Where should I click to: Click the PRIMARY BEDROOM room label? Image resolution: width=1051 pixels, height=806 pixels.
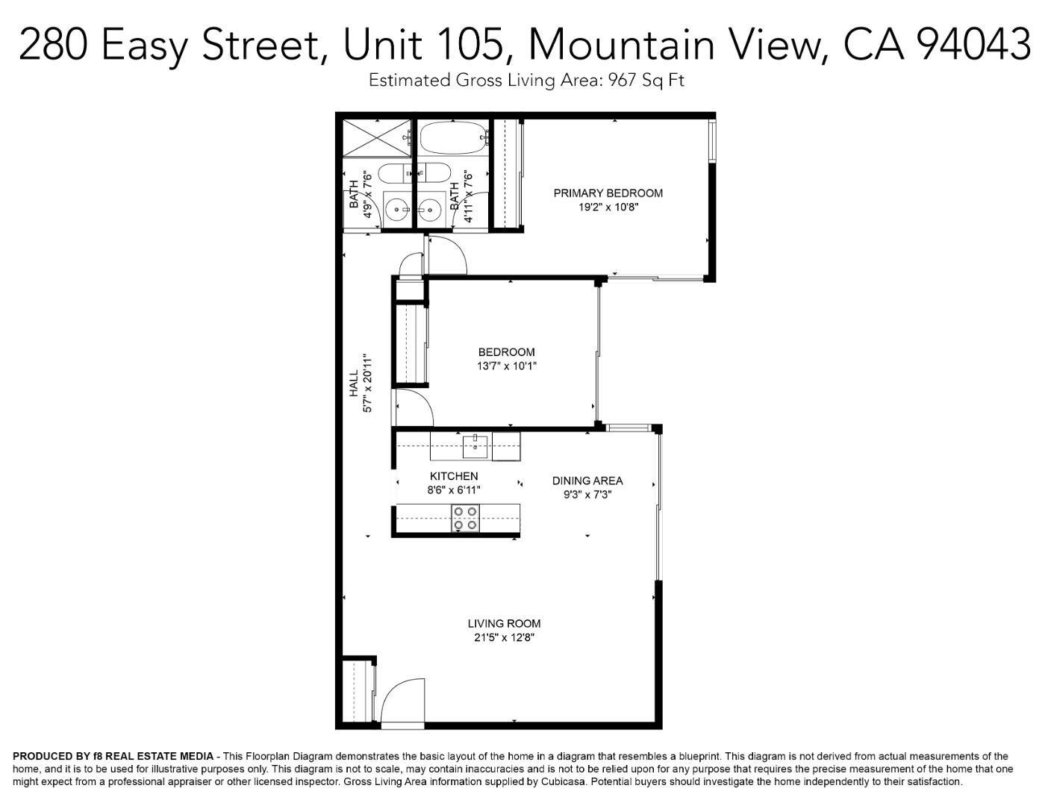[608, 193]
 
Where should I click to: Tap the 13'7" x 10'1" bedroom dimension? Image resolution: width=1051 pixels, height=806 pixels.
[506, 366]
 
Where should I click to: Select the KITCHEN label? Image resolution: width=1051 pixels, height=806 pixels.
[454, 476]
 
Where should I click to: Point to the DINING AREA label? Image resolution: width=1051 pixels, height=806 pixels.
[587, 481]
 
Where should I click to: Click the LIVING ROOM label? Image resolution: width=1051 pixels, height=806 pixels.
[504, 624]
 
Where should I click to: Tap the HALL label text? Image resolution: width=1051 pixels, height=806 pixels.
[354, 384]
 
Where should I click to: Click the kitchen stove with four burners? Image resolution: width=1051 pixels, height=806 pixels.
[466, 518]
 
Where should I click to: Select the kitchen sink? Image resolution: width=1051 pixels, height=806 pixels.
[475, 446]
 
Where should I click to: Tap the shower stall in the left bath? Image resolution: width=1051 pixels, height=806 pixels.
[376, 137]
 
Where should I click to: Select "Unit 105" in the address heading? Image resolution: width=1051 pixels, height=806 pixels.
[422, 45]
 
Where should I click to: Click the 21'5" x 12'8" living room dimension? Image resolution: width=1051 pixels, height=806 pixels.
[504, 638]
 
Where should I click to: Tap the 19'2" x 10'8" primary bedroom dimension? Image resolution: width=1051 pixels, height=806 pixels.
[608, 207]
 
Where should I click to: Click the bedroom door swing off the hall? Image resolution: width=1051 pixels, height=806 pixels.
[413, 407]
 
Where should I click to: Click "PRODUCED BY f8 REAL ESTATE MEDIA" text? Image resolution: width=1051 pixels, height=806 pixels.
[113, 757]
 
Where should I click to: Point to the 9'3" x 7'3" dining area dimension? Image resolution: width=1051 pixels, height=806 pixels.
[587, 494]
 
